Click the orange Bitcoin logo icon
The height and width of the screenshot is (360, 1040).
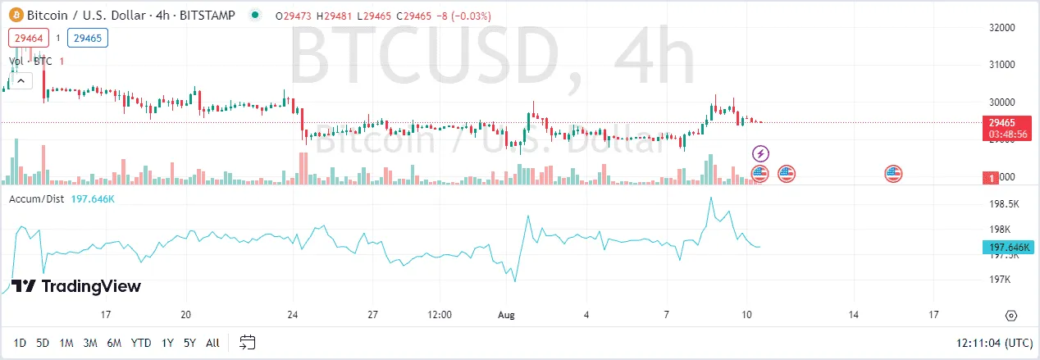click(x=15, y=15)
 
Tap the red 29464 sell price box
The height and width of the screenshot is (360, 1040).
click(x=29, y=38)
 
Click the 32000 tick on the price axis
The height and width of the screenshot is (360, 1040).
click(x=1003, y=27)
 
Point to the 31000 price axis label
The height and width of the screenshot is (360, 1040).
click(x=1003, y=64)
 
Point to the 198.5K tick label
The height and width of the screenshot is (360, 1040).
click(x=1005, y=203)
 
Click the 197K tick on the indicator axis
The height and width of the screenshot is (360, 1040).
click(x=1001, y=280)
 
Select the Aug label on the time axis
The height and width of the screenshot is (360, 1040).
click(x=505, y=315)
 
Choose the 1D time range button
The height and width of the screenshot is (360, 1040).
click(x=21, y=342)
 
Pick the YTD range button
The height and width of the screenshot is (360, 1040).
click(x=141, y=342)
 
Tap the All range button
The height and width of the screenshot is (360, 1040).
click(x=212, y=342)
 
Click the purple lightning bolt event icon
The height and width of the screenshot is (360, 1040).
click(x=760, y=153)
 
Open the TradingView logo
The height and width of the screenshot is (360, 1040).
click(x=77, y=286)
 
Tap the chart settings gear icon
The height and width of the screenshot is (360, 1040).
click(x=1011, y=316)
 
